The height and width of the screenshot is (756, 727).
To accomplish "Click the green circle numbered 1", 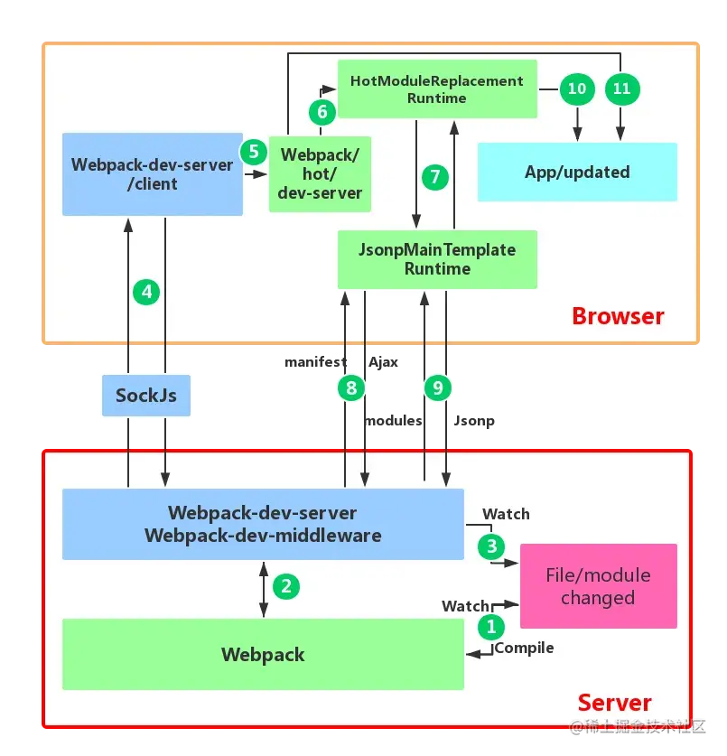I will tap(492, 624).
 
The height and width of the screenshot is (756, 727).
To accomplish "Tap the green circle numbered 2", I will tap(286, 586).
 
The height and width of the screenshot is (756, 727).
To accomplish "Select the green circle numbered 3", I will tap(492, 546).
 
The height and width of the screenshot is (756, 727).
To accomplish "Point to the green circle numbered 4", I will tap(146, 292).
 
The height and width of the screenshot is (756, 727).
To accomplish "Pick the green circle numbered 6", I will tap(322, 112).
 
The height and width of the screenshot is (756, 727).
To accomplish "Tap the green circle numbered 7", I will tap(434, 176).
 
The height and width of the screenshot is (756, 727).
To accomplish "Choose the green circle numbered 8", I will tap(350, 388).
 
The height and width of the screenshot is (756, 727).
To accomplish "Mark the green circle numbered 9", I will tap(438, 388).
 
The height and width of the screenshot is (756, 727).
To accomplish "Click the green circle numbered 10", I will tap(577, 89).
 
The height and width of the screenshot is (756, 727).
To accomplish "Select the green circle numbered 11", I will tap(621, 89).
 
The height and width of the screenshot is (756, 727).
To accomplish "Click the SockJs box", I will tap(146, 396).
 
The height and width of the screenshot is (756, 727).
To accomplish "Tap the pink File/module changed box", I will tap(598, 586).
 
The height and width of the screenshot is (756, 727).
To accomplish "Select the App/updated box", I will tap(577, 172).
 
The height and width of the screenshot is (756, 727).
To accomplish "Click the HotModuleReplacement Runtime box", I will tap(437, 89).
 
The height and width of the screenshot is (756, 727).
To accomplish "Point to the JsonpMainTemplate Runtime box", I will tap(437, 259).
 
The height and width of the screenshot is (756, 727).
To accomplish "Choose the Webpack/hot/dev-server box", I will tap(320, 173).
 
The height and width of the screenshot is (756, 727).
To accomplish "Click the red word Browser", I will tap(618, 316).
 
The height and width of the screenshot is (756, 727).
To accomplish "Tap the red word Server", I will tap(614, 703).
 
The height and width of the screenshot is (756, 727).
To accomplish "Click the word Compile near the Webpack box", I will tap(525, 648).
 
